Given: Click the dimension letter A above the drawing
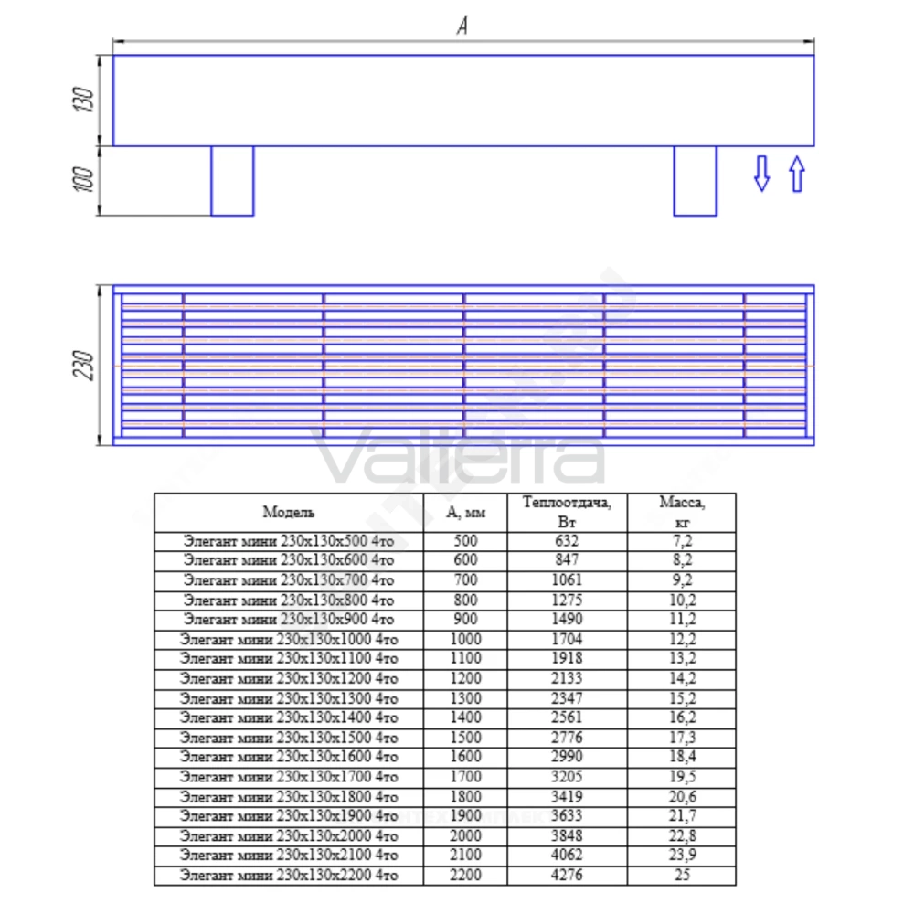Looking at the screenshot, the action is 462,25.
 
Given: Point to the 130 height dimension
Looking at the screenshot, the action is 83,100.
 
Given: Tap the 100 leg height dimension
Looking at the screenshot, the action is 83,179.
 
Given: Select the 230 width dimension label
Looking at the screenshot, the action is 83,365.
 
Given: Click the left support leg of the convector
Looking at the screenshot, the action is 232,181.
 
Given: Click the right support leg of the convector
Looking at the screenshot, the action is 695,181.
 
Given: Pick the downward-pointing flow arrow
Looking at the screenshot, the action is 762,173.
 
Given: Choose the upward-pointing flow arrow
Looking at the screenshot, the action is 797,174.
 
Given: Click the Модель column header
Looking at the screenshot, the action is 289,513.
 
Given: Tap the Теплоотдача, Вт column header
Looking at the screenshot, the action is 567,512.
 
